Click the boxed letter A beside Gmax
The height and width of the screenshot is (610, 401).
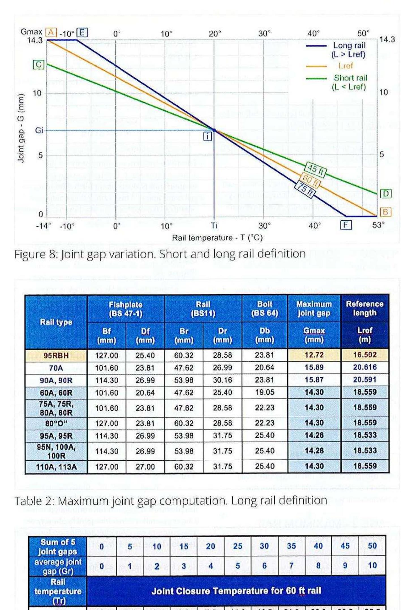(51, 32)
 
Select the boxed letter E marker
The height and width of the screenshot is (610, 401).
(82, 32)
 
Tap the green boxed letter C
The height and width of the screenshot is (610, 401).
(38, 65)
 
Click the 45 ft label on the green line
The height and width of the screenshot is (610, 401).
(316, 170)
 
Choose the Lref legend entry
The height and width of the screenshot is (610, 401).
(345, 66)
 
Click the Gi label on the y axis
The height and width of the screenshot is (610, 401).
(39, 130)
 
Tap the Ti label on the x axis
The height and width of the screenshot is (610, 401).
(214, 225)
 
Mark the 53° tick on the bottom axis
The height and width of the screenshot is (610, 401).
(378, 225)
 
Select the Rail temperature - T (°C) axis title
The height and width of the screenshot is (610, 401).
(217, 238)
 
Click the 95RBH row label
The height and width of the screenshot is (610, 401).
(56, 355)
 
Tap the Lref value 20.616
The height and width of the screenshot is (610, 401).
(364, 367)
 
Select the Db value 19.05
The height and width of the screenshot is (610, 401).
(265, 392)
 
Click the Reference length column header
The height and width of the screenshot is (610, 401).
(364, 308)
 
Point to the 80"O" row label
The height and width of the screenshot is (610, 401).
(56, 423)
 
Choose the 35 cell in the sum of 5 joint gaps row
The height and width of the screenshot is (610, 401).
(291, 546)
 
